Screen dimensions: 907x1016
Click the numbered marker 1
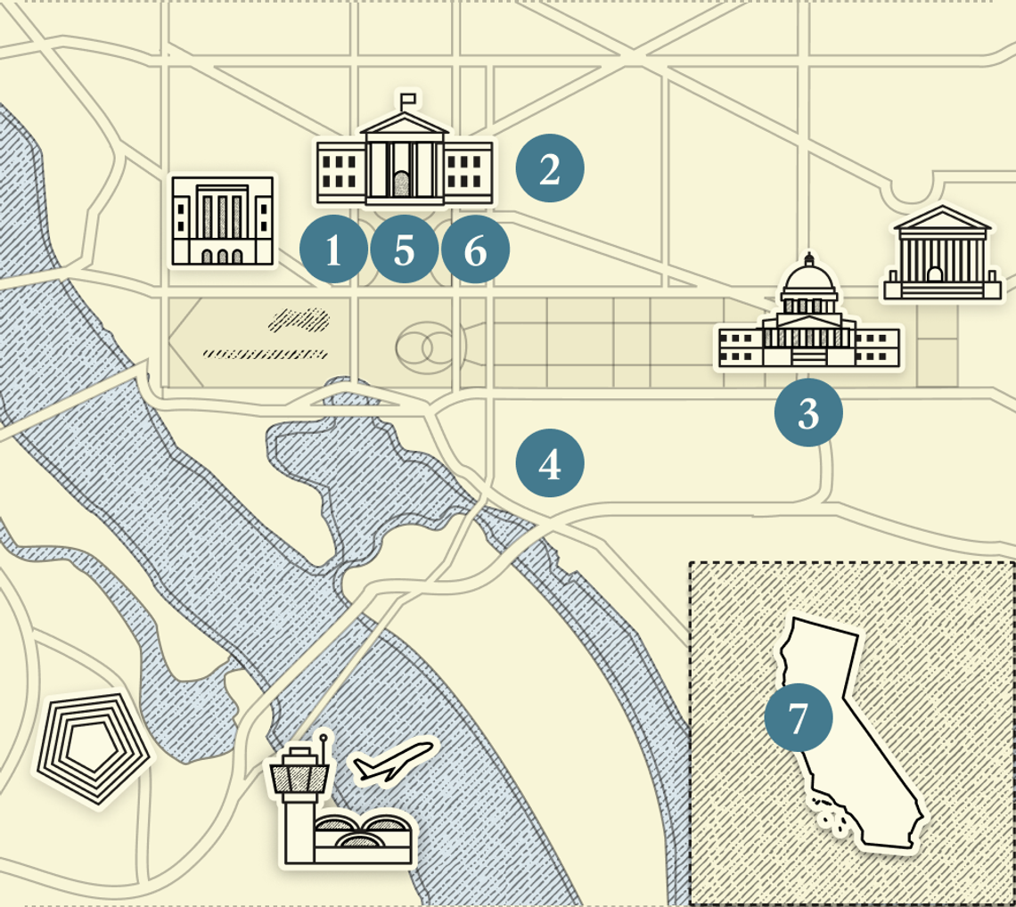click(333, 250)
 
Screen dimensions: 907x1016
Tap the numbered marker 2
click(550, 168)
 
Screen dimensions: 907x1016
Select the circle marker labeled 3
click(808, 412)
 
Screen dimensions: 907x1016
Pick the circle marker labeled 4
click(550, 463)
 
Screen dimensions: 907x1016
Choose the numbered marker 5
click(404, 250)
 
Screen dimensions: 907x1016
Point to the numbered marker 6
click(475, 250)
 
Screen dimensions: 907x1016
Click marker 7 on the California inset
click(799, 717)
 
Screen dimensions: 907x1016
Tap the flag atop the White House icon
click(408, 97)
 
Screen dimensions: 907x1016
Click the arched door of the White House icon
click(403, 184)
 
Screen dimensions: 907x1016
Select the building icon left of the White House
click(223, 221)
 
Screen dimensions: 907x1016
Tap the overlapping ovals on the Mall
click(427, 347)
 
